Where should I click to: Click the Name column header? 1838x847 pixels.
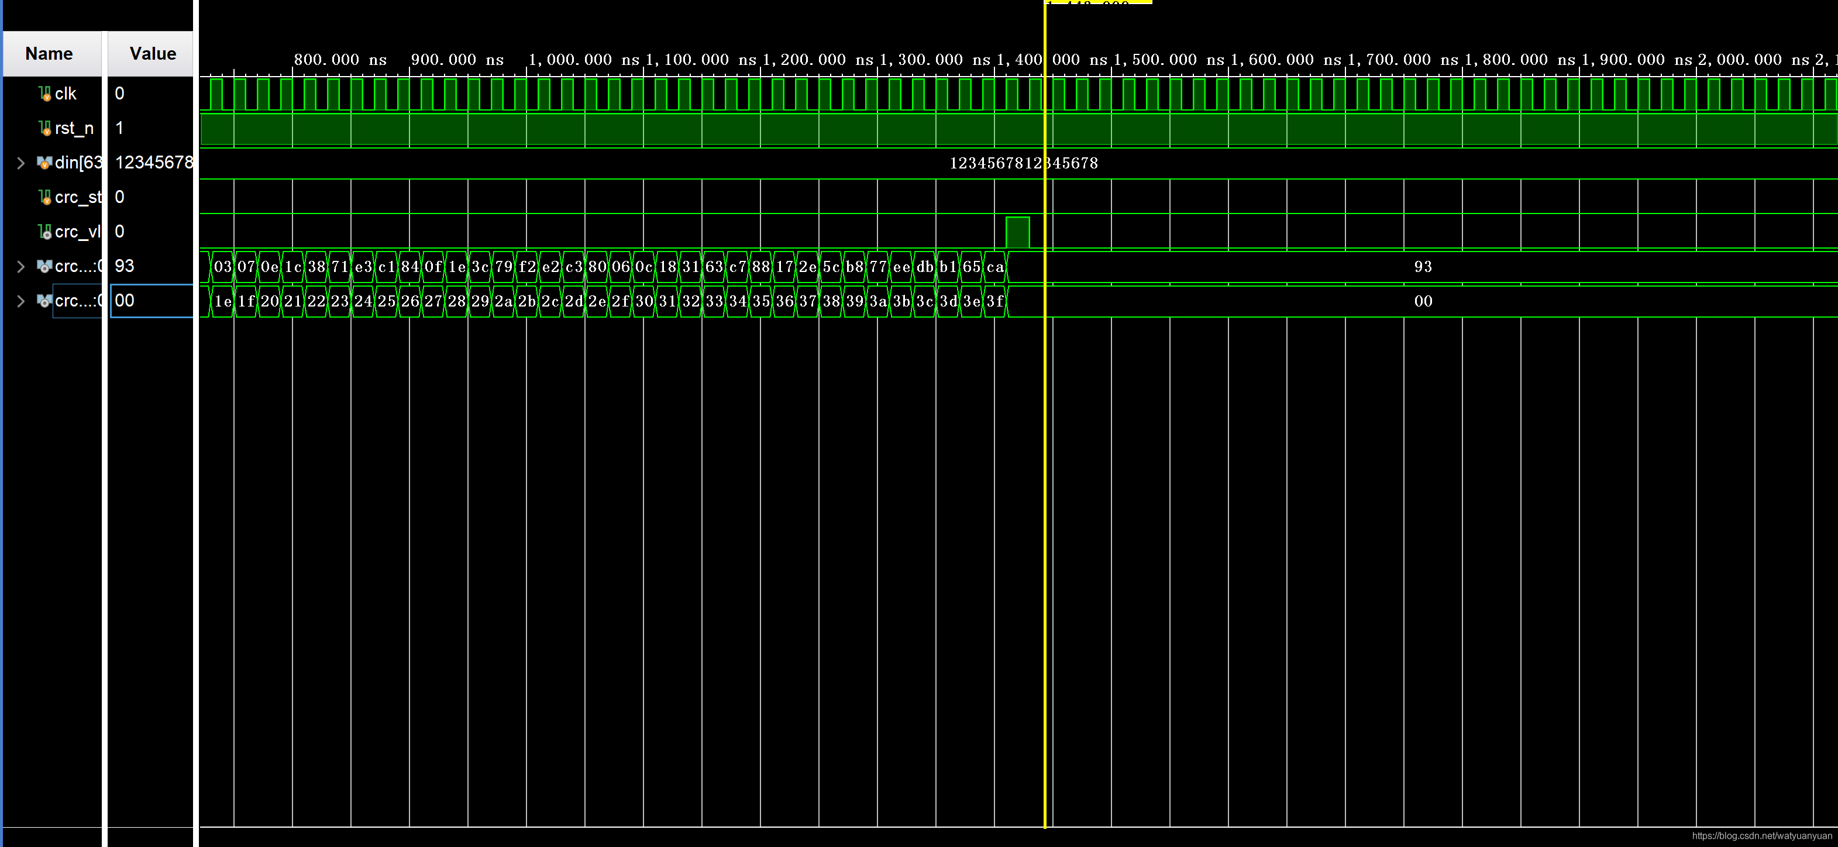(49, 53)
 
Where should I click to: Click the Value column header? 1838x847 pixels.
(152, 53)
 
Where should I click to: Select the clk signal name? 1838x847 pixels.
(65, 94)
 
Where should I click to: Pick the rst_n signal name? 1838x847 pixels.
(74, 129)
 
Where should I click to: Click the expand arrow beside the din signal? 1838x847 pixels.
(20, 163)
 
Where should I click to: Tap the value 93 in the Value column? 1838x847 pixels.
(125, 266)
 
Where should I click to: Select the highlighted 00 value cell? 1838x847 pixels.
(152, 301)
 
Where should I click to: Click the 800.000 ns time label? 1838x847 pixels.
(340, 60)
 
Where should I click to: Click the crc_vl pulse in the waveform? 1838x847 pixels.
(1017, 233)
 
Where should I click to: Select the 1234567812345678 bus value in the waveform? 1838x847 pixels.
(1023, 163)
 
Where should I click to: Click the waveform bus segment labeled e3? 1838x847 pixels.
(363, 267)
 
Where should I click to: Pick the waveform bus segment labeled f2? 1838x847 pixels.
(527, 267)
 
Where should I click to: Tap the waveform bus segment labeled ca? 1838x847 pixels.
(994, 267)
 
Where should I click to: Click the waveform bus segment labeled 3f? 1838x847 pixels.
(994, 301)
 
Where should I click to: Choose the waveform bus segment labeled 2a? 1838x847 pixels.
(504, 301)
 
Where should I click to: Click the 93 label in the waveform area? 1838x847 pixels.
(1423, 267)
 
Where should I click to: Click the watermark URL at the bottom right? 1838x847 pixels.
(1761, 835)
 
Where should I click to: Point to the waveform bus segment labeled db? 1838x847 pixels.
(925, 267)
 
